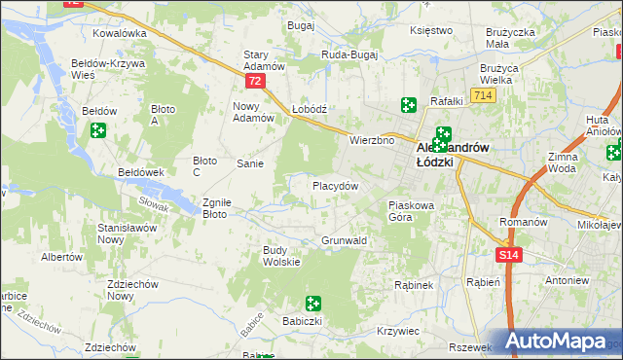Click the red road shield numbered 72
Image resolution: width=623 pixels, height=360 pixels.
pyautogui.click(x=254, y=82)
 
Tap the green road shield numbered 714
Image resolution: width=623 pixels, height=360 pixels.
pyautogui.click(x=480, y=95)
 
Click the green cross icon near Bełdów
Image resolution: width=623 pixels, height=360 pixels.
pyautogui.click(x=97, y=130)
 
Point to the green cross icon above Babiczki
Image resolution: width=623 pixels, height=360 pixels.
pyautogui.click(x=312, y=304)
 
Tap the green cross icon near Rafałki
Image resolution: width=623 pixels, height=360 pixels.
pyautogui.click(x=408, y=105)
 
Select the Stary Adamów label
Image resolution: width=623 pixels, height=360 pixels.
pyautogui.click(x=263, y=60)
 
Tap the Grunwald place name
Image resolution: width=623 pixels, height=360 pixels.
pyautogui.click(x=344, y=240)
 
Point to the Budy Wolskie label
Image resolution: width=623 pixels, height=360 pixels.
pyautogui.click(x=280, y=255)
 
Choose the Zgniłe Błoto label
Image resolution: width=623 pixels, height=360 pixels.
pyautogui.click(x=215, y=208)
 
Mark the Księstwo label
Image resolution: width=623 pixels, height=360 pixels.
pyautogui.click(x=432, y=30)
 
